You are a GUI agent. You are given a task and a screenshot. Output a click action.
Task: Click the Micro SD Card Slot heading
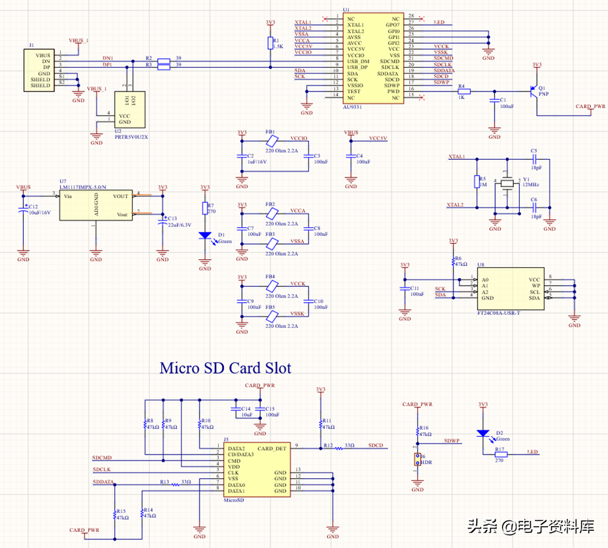coord(225,367)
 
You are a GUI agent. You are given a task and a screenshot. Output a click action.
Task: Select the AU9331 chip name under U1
coord(352,106)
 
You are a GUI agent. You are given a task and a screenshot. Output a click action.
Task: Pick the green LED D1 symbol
coord(205,235)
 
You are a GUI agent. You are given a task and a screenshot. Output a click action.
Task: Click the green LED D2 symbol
coord(483,433)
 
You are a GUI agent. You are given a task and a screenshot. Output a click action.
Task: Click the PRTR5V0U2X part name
coord(131,137)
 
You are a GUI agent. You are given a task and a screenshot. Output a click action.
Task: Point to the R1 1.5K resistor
coord(271,44)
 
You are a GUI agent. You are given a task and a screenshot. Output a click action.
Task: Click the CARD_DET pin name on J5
coord(272,449)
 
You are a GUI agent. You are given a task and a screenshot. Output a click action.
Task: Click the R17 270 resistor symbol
coord(501,454)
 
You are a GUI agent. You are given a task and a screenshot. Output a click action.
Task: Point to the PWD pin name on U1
coord(393,91)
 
